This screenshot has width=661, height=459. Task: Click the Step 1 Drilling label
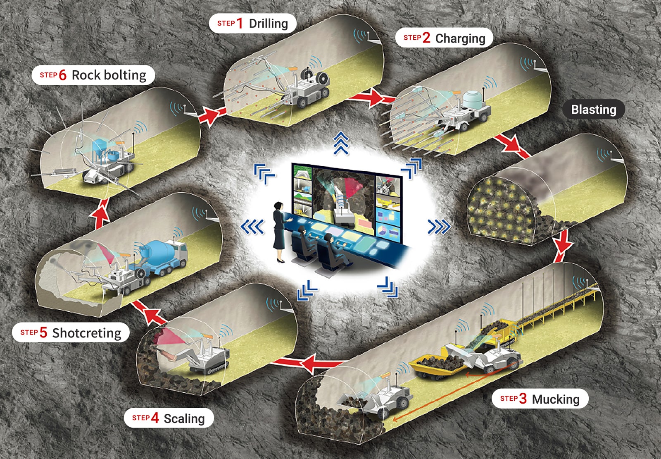tap(252, 24)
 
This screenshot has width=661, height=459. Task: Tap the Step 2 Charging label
tap(444, 38)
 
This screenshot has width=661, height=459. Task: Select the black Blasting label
tap(593, 110)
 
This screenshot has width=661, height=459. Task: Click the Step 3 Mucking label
tap(540, 399)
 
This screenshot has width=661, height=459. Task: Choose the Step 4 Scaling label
tap(169, 418)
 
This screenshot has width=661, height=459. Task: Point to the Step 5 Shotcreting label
tap(71, 332)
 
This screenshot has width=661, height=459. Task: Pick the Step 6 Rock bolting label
tap(93, 75)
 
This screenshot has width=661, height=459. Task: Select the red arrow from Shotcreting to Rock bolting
tap(100, 213)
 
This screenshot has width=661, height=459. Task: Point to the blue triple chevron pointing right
tap(439, 227)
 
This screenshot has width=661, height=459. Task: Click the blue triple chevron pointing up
tap(341, 143)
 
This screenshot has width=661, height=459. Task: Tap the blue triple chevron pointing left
tap(252, 227)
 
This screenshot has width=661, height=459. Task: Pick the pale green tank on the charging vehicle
tap(471, 100)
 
